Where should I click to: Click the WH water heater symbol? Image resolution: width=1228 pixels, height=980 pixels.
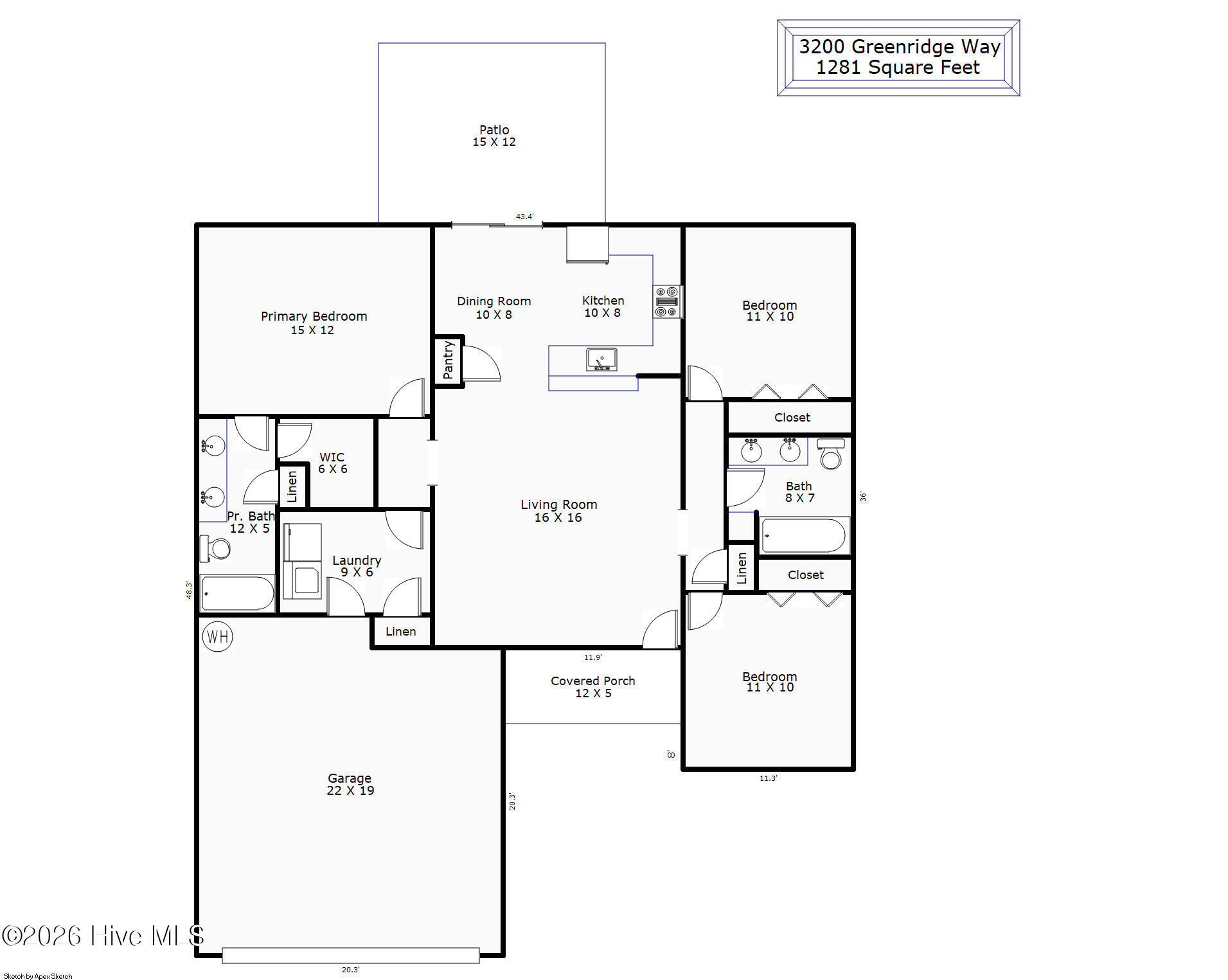point(217,636)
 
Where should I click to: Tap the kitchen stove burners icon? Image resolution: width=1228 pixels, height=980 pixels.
point(667,301)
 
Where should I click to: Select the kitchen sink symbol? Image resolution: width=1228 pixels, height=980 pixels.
point(601,360)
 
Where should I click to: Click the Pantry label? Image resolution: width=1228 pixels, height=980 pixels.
point(449,360)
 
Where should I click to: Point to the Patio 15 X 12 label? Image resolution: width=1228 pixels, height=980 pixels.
point(494,136)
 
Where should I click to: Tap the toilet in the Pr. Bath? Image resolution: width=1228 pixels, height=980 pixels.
point(215,548)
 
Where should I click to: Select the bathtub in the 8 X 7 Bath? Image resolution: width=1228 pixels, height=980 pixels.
point(803,535)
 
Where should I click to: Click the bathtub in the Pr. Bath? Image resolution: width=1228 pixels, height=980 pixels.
point(237,592)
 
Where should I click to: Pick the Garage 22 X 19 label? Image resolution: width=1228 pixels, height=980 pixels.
point(350,784)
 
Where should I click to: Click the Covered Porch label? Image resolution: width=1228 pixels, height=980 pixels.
point(592,681)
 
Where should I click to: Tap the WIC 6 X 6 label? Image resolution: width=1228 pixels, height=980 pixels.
point(333,463)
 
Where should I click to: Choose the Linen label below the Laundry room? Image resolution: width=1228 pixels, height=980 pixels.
point(401,632)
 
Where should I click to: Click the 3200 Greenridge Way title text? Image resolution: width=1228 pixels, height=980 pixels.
point(899,46)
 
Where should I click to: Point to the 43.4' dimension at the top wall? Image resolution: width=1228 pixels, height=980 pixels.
point(524,217)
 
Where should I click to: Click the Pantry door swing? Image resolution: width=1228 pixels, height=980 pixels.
point(481,364)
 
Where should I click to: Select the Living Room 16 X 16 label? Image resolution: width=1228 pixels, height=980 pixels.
point(558,511)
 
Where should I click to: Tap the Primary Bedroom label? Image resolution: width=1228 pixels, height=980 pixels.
point(314,316)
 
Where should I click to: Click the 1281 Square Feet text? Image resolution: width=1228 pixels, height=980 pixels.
point(898,67)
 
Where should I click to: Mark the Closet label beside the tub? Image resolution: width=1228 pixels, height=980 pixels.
point(806,575)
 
